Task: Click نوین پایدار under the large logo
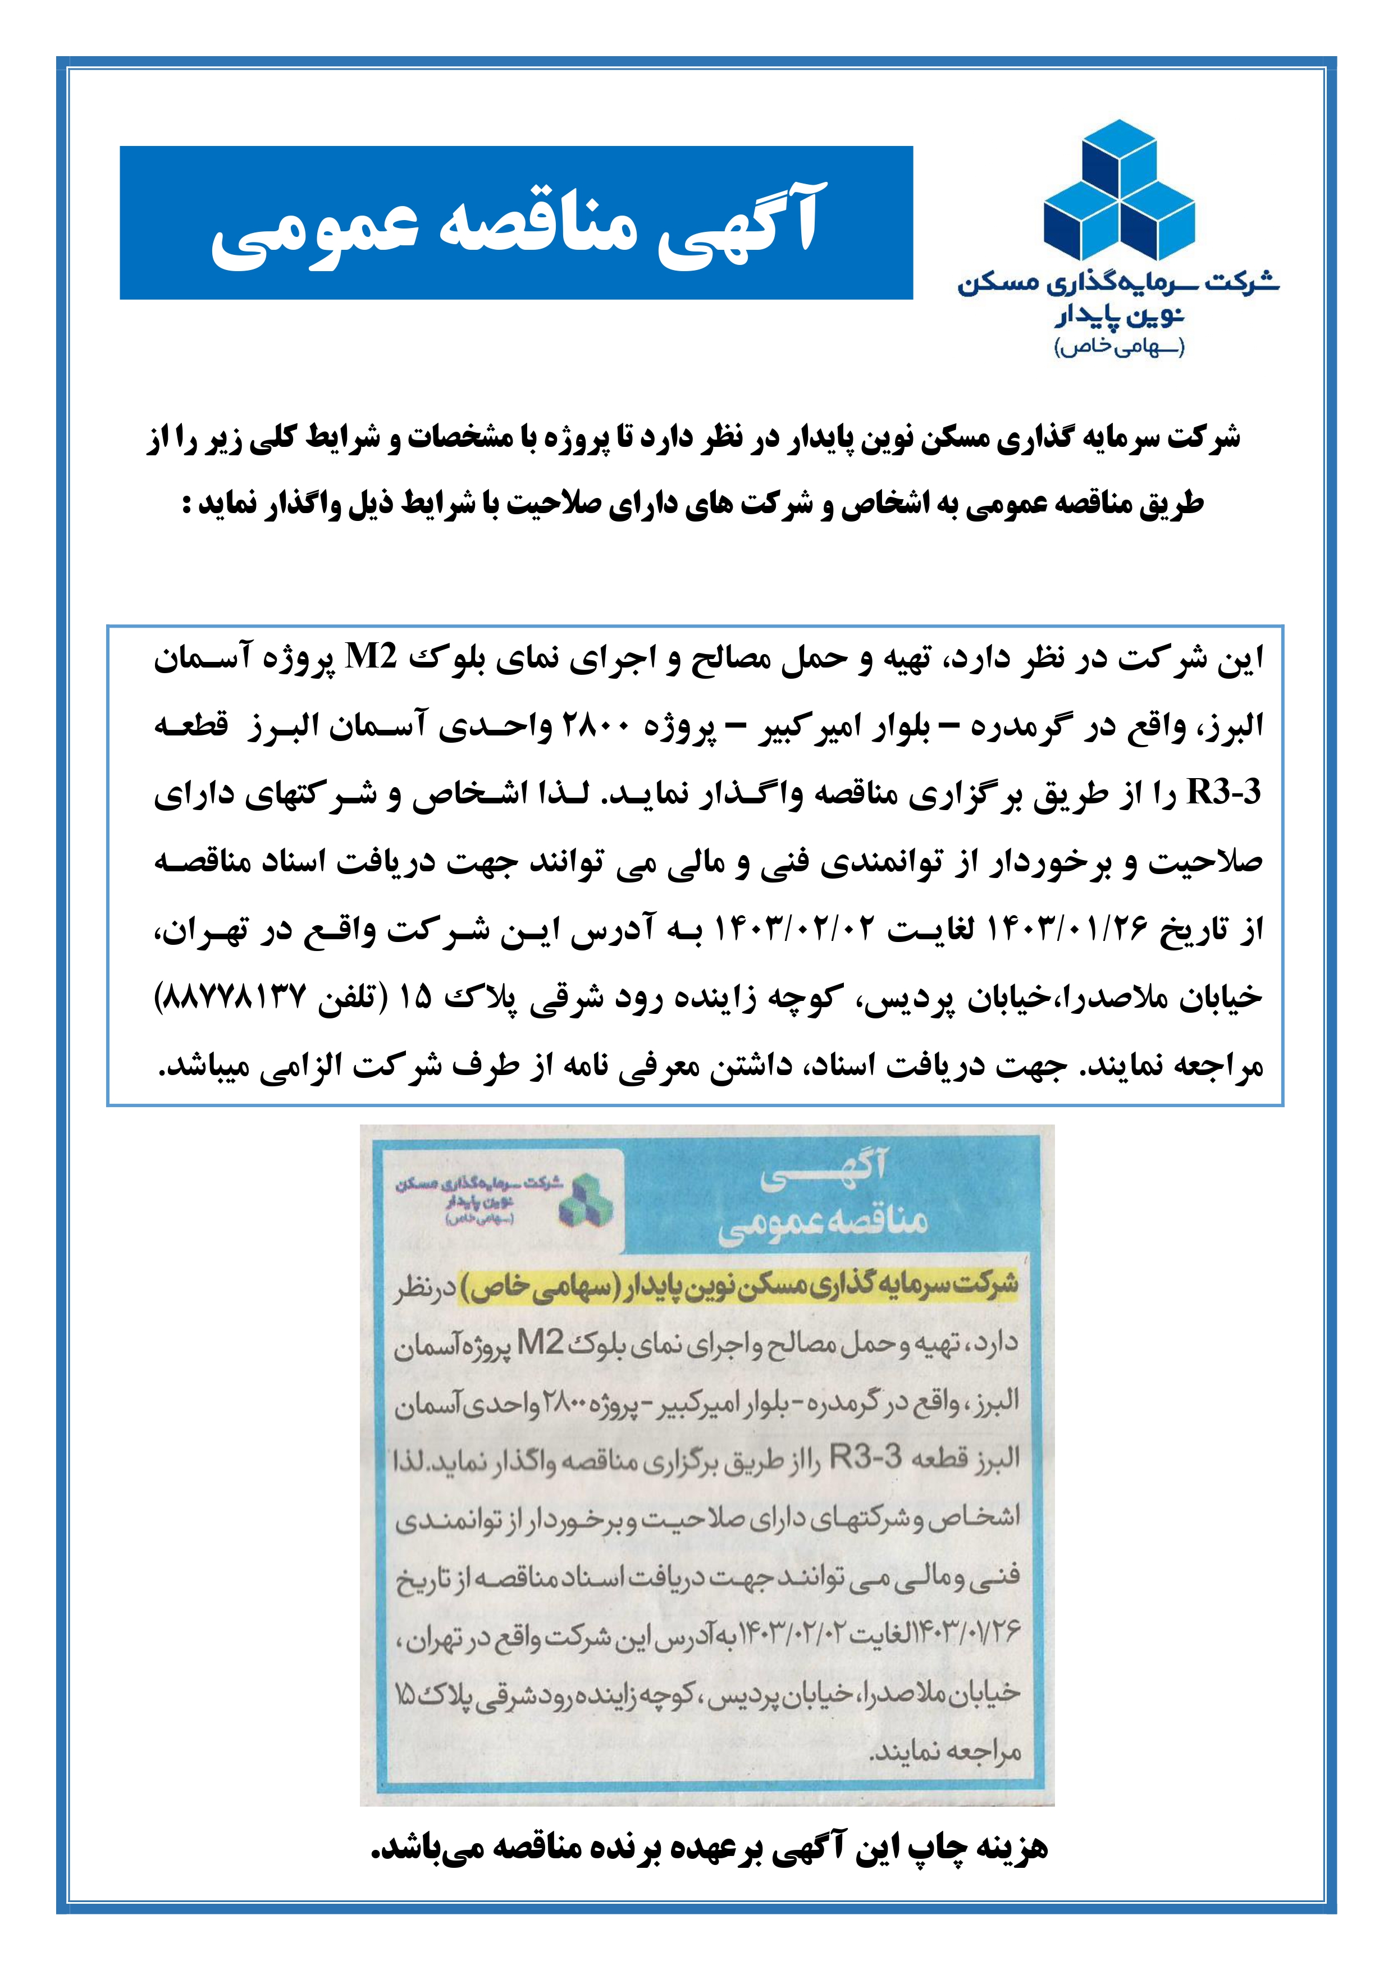[1119, 316]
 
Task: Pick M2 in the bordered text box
[371, 658]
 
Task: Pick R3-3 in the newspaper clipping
[867, 1457]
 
